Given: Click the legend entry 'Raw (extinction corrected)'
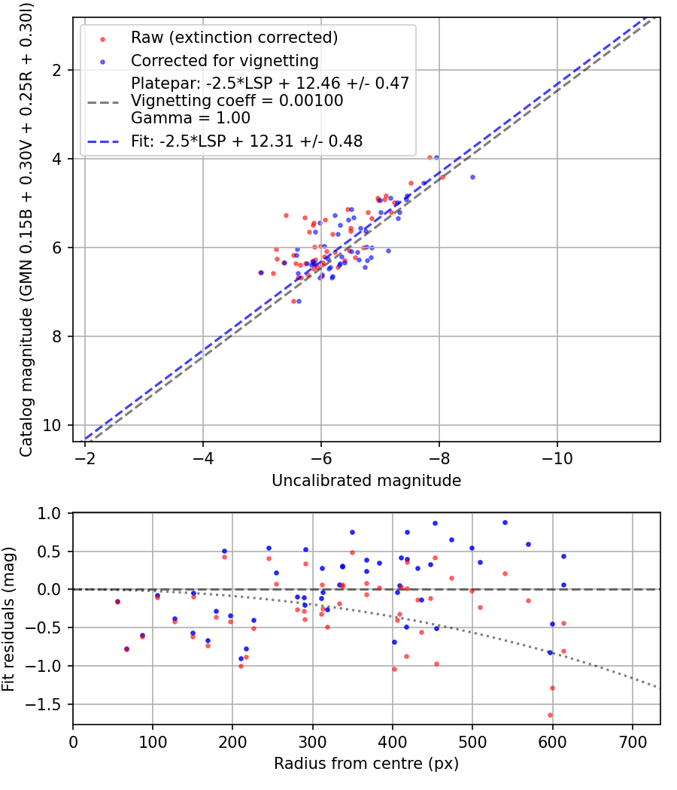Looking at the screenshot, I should point(234,38).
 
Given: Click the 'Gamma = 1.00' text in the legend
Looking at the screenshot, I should point(190,118).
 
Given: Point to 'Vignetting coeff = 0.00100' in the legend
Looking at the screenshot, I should point(237,101).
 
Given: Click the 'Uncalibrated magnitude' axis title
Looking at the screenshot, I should point(367,480).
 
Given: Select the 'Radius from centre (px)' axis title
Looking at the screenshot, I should point(366,764).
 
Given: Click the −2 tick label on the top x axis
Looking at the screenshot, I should point(85,458).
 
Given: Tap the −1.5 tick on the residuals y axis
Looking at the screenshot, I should point(49,705).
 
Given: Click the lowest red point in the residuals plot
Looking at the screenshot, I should point(550,716).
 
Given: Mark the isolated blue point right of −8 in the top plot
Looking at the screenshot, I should point(472,177).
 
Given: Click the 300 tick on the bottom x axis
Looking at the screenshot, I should point(232,741).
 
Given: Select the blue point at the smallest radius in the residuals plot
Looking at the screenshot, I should point(117,601).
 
